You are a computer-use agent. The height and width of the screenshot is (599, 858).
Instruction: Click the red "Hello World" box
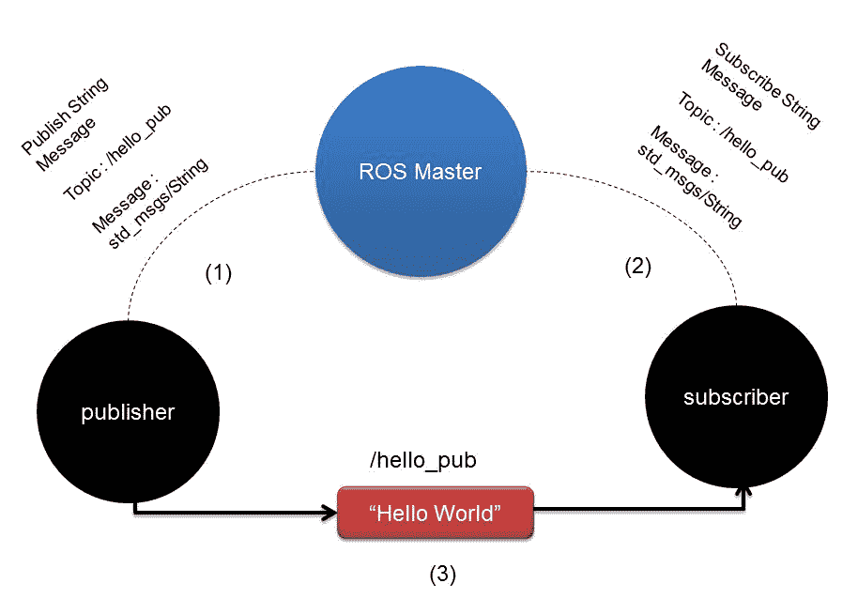point(436,513)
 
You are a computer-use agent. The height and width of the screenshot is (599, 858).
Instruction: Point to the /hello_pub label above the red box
point(423,461)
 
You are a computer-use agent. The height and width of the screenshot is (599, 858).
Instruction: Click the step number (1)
point(218,273)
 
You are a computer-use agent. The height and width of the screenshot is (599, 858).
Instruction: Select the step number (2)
point(637,266)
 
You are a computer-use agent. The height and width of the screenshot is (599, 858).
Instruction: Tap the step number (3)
point(443,572)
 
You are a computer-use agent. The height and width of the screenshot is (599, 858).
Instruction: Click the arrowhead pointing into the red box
point(330,513)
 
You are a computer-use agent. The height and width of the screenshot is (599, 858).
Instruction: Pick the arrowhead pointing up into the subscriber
point(745,490)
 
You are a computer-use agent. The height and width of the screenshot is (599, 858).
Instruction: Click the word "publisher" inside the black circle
point(128,412)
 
